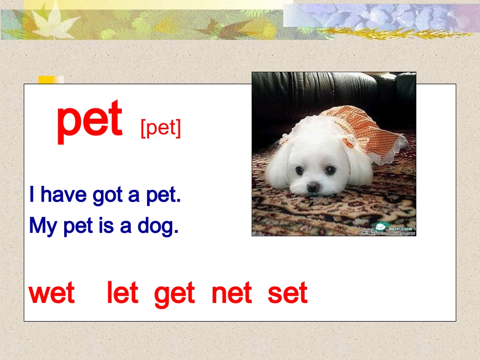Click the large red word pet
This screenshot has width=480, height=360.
pyautogui.click(x=89, y=120)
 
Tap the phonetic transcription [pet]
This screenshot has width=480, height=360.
pyautogui.click(x=160, y=128)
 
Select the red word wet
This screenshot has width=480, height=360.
pyautogui.click(x=52, y=293)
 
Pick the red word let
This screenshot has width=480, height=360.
pyautogui.click(x=122, y=293)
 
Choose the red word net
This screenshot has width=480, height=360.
pyautogui.click(x=231, y=293)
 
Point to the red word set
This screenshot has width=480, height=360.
pyautogui.click(x=287, y=293)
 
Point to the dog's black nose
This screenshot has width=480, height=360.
pyautogui.click(x=313, y=187)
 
